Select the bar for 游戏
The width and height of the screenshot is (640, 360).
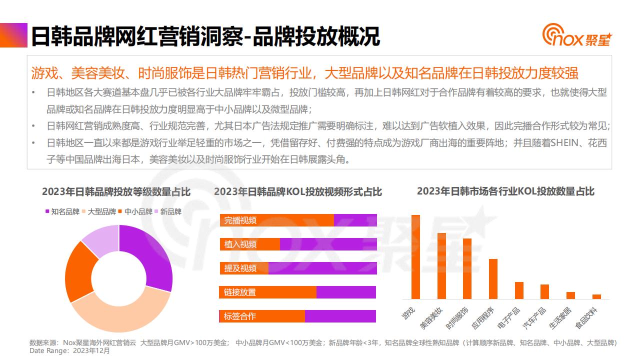(x=415, y=257)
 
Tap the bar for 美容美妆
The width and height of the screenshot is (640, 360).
(x=441, y=266)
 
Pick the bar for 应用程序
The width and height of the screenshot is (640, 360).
(x=493, y=279)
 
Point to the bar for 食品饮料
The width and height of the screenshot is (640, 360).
(x=596, y=296)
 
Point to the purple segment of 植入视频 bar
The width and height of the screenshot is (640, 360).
(x=328, y=244)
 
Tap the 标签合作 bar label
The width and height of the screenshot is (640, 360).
(x=240, y=316)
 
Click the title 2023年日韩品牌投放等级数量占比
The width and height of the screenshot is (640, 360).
(x=116, y=192)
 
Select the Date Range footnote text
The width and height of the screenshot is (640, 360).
(x=69, y=350)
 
